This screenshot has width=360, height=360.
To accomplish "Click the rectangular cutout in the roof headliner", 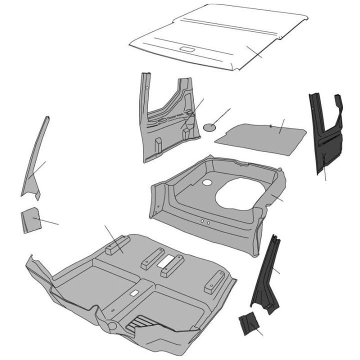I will pyautogui.click(x=188, y=49).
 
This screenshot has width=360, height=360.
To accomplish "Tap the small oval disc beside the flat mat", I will pyautogui.click(x=209, y=127).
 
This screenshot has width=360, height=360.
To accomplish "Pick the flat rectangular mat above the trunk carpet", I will pyautogui.click(x=260, y=137).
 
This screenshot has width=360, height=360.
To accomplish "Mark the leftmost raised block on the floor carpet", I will pyautogui.click(x=117, y=245).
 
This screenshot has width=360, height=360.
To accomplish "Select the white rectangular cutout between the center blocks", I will pyautogui.click(x=165, y=259).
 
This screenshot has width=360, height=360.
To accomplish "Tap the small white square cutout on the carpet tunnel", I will pyautogui.click(x=135, y=291).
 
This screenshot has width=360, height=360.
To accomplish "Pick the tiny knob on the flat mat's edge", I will pyautogui.click(x=270, y=126).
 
